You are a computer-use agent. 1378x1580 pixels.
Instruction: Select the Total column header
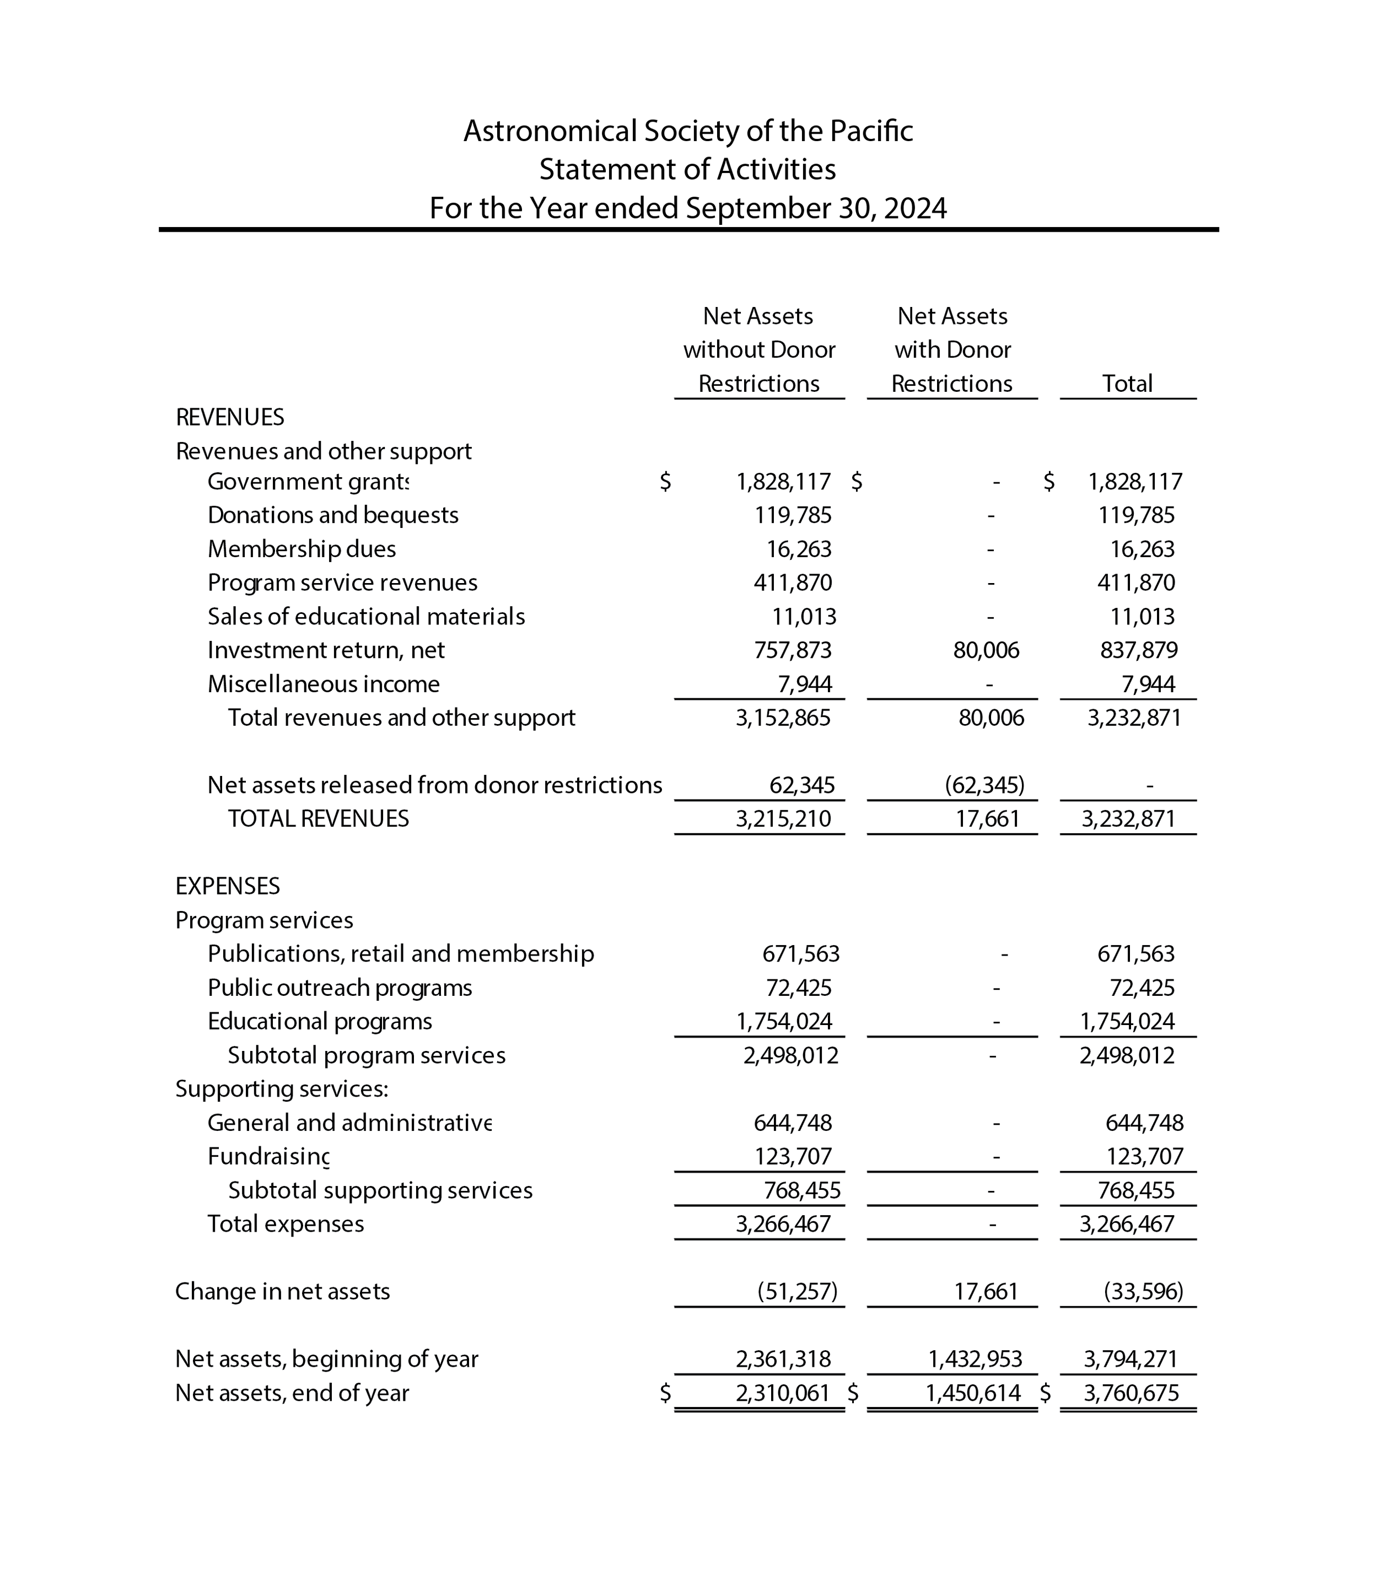point(1127,383)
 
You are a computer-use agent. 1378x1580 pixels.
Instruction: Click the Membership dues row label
point(302,549)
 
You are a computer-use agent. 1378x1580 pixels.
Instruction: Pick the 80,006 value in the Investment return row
point(986,650)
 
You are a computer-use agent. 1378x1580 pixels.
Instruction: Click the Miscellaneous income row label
point(323,684)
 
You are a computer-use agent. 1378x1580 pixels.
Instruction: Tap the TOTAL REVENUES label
point(319,819)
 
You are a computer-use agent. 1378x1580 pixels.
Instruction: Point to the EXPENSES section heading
point(228,887)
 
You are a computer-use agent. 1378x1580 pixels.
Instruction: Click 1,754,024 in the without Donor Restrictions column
point(784,1022)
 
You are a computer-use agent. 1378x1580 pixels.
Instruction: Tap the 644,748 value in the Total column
point(1144,1123)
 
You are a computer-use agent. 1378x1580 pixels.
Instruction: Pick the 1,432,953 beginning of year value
point(975,1360)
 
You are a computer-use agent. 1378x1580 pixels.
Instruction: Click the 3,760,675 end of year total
point(1131,1393)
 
